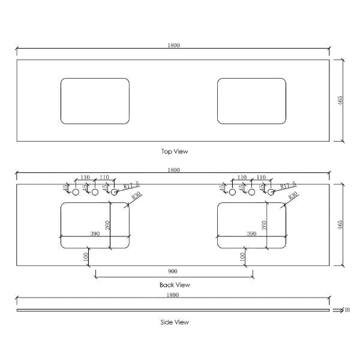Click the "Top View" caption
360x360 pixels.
coord(175,152)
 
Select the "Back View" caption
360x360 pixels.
coord(175,284)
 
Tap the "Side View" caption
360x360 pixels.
coord(175,322)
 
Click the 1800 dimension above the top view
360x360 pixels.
coord(173,46)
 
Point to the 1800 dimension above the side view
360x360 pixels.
coord(173,295)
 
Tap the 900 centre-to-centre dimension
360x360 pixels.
coord(174,271)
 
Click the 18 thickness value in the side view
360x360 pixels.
coord(347,310)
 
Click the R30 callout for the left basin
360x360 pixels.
coord(135,196)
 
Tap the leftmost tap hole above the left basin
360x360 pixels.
coord(76,193)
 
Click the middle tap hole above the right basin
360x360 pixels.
coord(251,193)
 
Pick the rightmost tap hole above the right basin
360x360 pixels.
coord(271,193)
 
